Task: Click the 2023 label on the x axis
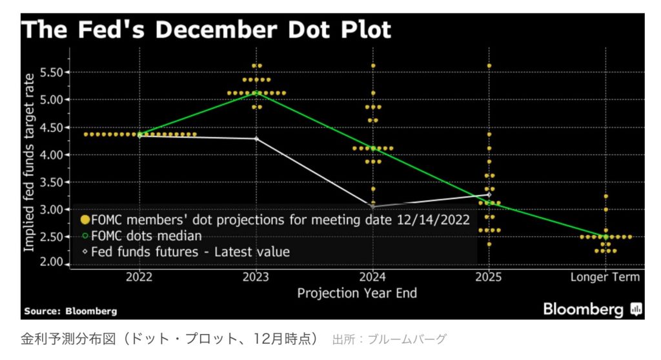(x=257, y=277)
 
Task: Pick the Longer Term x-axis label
(x=605, y=277)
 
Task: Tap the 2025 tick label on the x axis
(x=489, y=277)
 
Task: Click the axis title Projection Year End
(x=356, y=293)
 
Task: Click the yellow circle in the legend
(x=85, y=219)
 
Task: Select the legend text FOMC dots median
(x=147, y=235)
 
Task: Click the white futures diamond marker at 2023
(x=257, y=139)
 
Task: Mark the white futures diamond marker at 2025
(x=489, y=194)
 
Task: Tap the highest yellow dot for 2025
(x=489, y=66)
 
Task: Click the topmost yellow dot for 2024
(x=373, y=66)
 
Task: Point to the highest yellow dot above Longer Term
(x=605, y=196)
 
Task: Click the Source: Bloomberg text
(x=70, y=311)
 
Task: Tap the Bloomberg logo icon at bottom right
(x=636, y=310)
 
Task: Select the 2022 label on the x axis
(x=140, y=277)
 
